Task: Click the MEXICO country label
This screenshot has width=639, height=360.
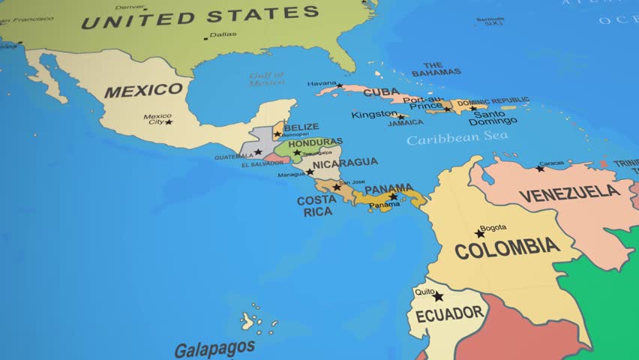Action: (x=143, y=91)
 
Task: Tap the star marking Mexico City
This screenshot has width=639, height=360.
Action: (x=169, y=121)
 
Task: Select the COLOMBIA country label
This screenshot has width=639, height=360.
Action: (x=507, y=247)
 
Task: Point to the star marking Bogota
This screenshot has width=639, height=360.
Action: (x=480, y=233)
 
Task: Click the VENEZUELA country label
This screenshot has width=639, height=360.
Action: (x=570, y=193)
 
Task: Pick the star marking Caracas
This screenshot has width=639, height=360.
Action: (x=540, y=168)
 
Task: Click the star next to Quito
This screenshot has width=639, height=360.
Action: (x=438, y=297)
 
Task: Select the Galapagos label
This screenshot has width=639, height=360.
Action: (x=214, y=349)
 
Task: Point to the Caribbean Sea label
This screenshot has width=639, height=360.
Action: (x=457, y=139)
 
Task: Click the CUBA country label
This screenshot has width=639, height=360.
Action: (x=381, y=92)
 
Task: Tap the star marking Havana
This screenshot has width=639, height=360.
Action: (x=340, y=85)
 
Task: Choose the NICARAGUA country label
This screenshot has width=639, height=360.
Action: (x=345, y=163)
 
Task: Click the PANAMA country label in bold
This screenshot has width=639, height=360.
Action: (x=388, y=188)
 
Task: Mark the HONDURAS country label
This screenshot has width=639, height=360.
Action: (x=315, y=142)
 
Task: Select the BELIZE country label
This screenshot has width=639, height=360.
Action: (x=301, y=127)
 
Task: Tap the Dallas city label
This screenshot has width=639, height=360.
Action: (x=223, y=34)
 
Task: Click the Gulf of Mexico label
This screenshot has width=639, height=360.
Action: (x=267, y=79)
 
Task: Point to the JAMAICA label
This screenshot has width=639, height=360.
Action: (x=406, y=122)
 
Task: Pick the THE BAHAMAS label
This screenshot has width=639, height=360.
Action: (x=436, y=69)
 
